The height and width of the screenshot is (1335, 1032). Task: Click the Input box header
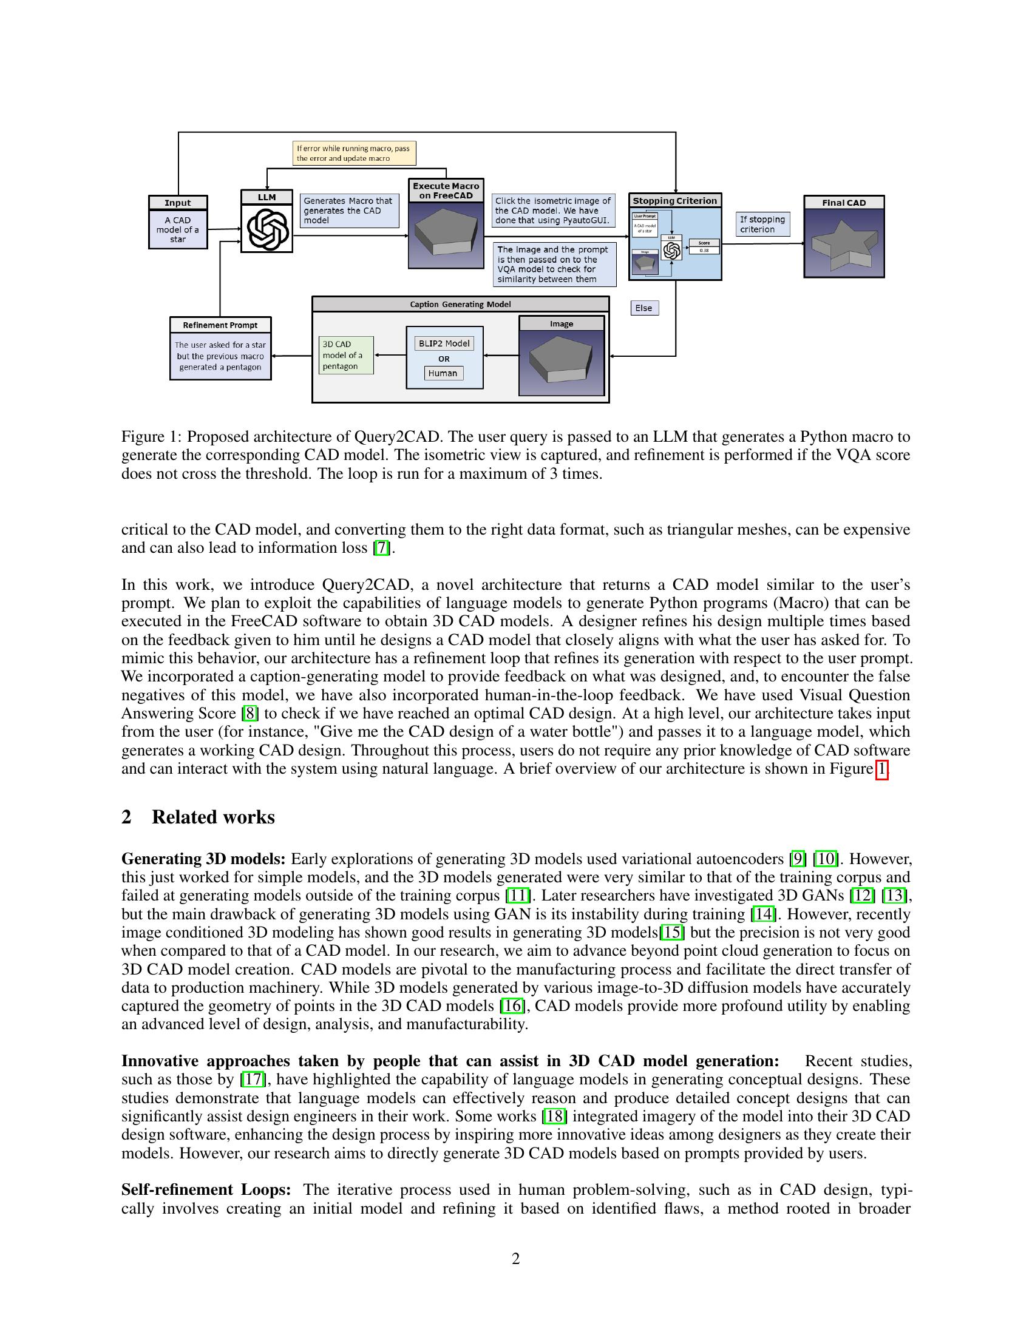click(178, 203)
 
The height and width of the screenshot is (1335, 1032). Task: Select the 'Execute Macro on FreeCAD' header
click(446, 191)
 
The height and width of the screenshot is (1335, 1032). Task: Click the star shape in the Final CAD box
click(844, 245)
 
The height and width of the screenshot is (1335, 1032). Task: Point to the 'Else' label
click(644, 308)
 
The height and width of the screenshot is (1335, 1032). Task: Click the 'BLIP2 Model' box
click(444, 343)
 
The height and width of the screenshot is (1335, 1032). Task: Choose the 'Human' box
click(443, 373)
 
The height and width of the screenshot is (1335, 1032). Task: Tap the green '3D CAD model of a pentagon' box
click(346, 355)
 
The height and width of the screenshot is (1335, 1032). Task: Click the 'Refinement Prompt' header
click(220, 325)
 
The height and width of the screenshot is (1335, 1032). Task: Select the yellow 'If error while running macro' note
click(354, 154)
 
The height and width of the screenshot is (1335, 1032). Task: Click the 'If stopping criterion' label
click(762, 225)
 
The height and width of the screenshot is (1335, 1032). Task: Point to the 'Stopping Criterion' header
click(675, 200)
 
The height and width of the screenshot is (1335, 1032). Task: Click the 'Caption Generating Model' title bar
click(460, 305)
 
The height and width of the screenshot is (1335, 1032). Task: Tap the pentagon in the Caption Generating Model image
click(561, 360)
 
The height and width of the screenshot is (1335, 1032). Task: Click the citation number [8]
click(249, 714)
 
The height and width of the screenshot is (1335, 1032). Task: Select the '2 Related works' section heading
click(198, 817)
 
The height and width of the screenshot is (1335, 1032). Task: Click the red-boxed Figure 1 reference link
click(881, 769)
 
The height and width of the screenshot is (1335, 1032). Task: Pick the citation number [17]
click(253, 1080)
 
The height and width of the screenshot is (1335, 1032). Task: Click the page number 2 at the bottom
click(515, 1259)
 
